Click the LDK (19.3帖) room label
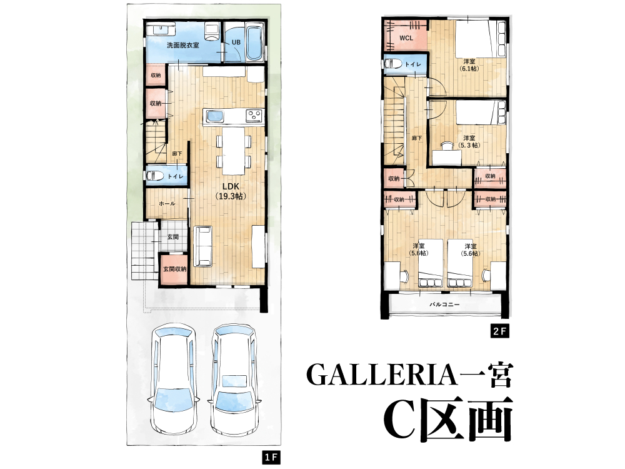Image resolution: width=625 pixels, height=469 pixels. pyautogui.click(x=231, y=191)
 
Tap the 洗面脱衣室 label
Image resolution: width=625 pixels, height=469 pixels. pyautogui.click(x=183, y=45)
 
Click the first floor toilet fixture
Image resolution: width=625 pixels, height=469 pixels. pyautogui.click(x=155, y=176)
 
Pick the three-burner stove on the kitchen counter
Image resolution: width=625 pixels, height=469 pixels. pyautogui.click(x=254, y=116)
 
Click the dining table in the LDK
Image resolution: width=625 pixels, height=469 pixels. pyautogui.click(x=234, y=151)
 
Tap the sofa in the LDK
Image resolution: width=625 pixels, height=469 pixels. pyautogui.click(x=203, y=246)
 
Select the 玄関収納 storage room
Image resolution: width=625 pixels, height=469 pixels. pyautogui.click(x=174, y=270)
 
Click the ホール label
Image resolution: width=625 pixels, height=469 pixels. pyautogui.click(x=167, y=203)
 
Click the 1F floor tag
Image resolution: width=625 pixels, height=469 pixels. pyautogui.click(x=271, y=457)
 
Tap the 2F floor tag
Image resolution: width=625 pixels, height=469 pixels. pyautogui.click(x=499, y=331)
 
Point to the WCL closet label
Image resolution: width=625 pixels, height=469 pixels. pyautogui.click(x=406, y=38)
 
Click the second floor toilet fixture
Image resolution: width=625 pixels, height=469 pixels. pyautogui.click(x=393, y=64)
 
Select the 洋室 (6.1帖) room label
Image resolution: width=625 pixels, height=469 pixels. pyautogui.click(x=469, y=65)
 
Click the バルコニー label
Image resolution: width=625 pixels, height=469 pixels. pyautogui.click(x=444, y=305)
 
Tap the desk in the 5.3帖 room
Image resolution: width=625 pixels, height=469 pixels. pyautogui.click(x=447, y=158)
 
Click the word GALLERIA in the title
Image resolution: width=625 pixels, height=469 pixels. pyautogui.click(x=381, y=375)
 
